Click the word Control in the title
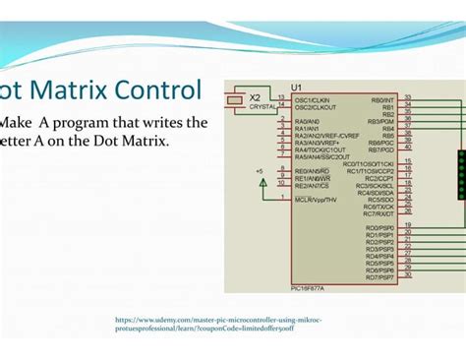(157, 90)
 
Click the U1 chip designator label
(297, 88)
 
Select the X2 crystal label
(255, 97)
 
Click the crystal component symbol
(234, 99)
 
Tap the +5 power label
(260, 170)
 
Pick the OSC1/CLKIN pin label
(311, 99)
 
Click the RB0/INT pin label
(382, 99)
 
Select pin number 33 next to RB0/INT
(407, 97)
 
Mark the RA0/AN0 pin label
(307, 121)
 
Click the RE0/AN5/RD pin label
(312, 171)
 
